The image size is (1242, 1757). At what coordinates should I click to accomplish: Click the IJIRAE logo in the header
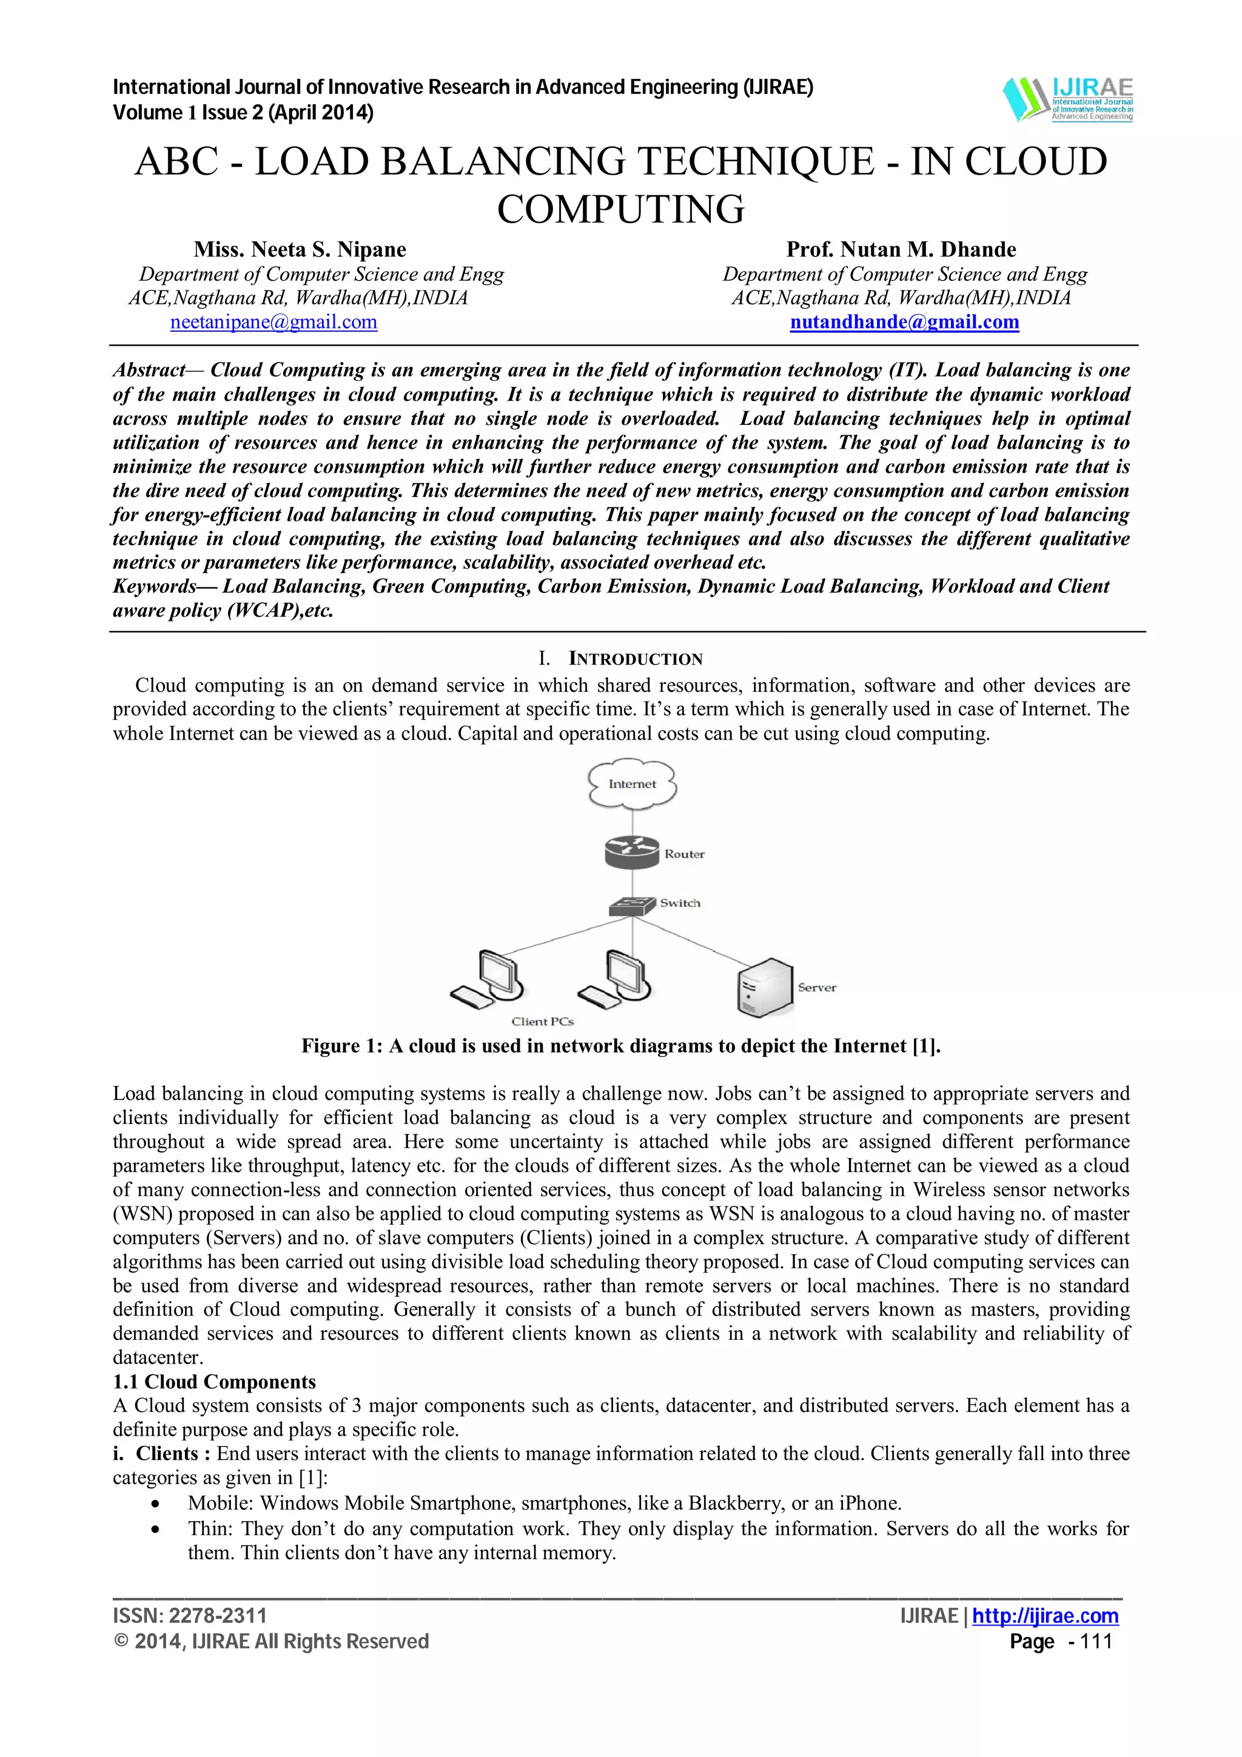[x=1067, y=99]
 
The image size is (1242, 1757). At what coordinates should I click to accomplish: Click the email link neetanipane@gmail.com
[x=273, y=322]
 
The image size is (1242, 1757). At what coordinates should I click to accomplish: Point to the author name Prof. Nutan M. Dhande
[x=901, y=249]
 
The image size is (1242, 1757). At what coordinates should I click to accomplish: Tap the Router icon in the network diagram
[x=631, y=852]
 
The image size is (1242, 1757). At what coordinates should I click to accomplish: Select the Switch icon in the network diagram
[x=632, y=905]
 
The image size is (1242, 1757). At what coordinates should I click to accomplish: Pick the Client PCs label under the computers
[x=543, y=1022]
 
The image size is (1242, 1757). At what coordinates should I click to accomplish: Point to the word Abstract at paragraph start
[x=149, y=370]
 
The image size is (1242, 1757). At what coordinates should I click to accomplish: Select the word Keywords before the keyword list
[x=155, y=587]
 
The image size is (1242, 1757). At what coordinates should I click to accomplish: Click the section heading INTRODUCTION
[x=635, y=660]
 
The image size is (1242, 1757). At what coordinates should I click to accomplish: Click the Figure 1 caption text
[x=620, y=1046]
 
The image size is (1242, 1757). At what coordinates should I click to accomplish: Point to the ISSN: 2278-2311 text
[x=190, y=1615]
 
